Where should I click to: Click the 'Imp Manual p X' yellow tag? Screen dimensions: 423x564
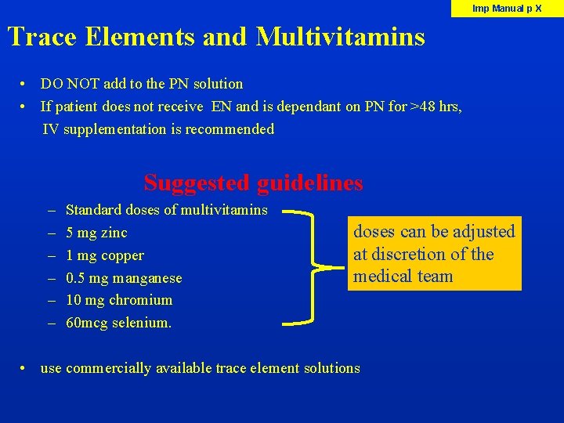507,9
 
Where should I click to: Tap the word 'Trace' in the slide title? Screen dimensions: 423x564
42,37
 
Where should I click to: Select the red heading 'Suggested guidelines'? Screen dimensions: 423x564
253,183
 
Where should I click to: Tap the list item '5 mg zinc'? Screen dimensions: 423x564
96,233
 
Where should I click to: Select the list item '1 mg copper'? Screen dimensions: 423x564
105,255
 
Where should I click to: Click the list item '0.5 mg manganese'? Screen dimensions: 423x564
124,278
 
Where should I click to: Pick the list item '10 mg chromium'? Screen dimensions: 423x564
119,300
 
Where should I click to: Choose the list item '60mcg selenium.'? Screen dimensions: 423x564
118,323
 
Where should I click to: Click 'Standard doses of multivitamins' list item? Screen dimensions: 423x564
166,210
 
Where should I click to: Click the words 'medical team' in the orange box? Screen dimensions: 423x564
403,276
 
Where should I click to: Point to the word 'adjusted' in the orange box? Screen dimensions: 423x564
485,232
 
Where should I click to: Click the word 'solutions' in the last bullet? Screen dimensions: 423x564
332,368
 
